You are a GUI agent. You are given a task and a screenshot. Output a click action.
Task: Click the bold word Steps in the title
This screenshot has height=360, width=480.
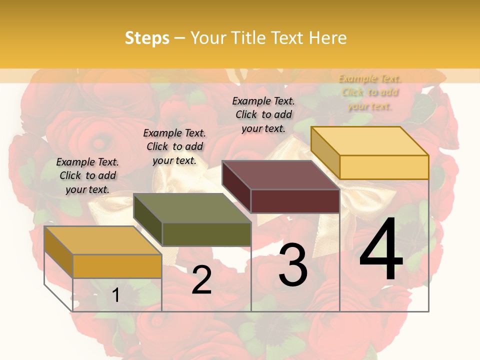(x=147, y=38)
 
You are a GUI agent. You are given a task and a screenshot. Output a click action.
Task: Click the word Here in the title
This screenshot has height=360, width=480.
(x=327, y=38)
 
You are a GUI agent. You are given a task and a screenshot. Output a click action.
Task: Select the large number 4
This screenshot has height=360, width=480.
(x=381, y=249)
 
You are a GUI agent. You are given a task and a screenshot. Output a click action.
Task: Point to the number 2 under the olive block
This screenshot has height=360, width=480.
(x=201, y=280)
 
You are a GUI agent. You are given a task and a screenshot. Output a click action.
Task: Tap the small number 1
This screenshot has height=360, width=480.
(x=116, y=295)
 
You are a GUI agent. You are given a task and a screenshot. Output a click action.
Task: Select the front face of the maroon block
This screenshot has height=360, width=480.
(x=295, y=201)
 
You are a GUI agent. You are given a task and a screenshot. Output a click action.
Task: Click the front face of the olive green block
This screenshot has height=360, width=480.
(x=206, y=234)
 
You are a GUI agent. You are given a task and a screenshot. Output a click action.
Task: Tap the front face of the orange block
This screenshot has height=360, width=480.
(x=117, y=266)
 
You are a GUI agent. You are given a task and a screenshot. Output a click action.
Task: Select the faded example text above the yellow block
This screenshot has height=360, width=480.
(x=370, y=92)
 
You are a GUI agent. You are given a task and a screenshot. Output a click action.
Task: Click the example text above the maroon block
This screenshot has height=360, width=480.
(x=263, y=114)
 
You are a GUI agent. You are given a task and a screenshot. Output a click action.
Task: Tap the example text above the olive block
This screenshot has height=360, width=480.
(x=174, y=146)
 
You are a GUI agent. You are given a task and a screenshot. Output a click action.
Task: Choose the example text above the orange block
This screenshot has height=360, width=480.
(x=87, y=175)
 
